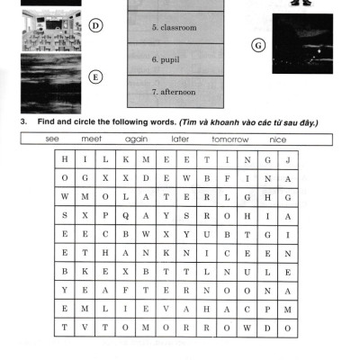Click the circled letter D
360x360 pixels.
click(x=95, y=25)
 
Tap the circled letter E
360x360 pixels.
click(x=95, y=77)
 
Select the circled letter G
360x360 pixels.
click(x=258, y=46)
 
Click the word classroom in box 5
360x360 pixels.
click(x=178, y=27)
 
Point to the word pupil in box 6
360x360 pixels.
click(x=170, y=59)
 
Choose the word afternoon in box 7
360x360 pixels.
click(x=178, y=92)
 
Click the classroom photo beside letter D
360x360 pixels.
click(x=51, y=31)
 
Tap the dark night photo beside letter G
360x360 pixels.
click(x=302, y=43)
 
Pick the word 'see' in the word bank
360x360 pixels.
click(x=52, y=139)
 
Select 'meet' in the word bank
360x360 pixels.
click(x=92, y=139)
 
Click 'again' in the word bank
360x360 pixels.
click(x=136, y=139)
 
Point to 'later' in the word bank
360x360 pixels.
click(x=180, y=139)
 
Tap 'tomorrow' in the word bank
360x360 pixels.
click(x=230, y=139)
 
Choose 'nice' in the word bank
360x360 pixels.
click(x=278, y=139)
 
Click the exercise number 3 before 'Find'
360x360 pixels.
click(x=23, y=121)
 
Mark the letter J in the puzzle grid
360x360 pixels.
click(x=288, y=160)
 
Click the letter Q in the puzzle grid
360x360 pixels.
click(x=126, y=216)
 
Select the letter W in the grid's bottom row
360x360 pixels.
click(x=247, y=328)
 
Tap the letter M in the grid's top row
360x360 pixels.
click(x=146, y=159)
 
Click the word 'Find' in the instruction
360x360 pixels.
click(x=46, y=121)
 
